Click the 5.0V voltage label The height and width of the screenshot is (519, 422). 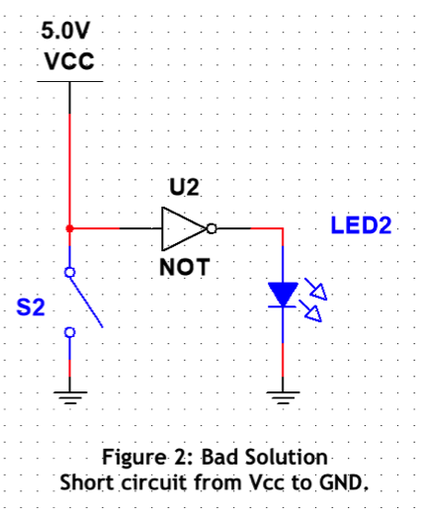(65, 31)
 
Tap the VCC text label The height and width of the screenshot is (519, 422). (69, 61)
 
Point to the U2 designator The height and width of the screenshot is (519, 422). (184, 187)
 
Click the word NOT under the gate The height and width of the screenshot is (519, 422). (185, 267)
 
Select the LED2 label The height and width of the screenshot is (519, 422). (361, 225)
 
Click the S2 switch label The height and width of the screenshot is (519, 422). (31, 306)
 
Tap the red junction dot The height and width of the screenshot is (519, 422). (69, 228)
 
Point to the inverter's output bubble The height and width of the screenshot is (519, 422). (211, 228)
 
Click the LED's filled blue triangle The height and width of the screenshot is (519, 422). (283, 294)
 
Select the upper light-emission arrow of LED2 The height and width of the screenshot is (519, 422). (316, 290)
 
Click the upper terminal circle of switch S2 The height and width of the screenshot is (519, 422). (69, 272)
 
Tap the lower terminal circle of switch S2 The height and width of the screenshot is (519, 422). (69, 332)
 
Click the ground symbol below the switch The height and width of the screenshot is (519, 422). (70, 397)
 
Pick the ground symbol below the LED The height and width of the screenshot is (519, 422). (283, 397)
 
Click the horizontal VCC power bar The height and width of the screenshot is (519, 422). (70, 81)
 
